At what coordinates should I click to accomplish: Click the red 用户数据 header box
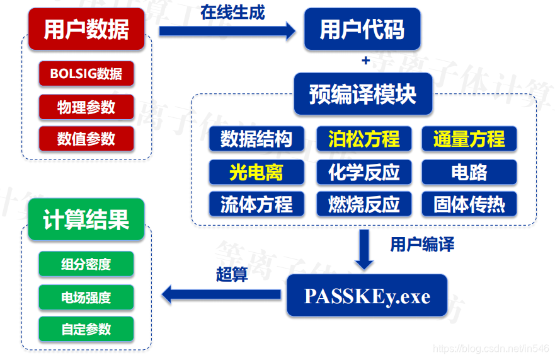[86, 29]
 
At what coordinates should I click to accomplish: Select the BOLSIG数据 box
[86, 74]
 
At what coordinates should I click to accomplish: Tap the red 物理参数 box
[86, 107]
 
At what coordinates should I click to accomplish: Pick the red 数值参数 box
[86, 139]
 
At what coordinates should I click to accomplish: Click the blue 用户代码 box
[362, 29]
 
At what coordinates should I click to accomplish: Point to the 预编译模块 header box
[363, 94]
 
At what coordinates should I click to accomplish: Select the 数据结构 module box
[256, 139]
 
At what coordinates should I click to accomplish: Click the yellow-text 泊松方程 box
[363, 139]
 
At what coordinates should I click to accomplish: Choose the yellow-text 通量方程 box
[469, 139]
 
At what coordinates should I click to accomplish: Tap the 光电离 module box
[256, 171]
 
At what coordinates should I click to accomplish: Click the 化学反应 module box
[363, 171]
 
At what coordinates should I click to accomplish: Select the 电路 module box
[469, 171]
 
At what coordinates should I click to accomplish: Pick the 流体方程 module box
[256, 204]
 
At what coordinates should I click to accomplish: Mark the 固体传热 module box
[469, 204]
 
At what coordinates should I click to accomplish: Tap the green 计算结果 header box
[86, 219]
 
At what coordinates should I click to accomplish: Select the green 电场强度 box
[86, 297]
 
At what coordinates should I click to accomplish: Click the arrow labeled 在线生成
[227, 29]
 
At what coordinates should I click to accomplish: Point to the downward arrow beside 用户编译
[364, 250]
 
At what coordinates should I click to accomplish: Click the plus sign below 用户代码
[365, 61]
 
